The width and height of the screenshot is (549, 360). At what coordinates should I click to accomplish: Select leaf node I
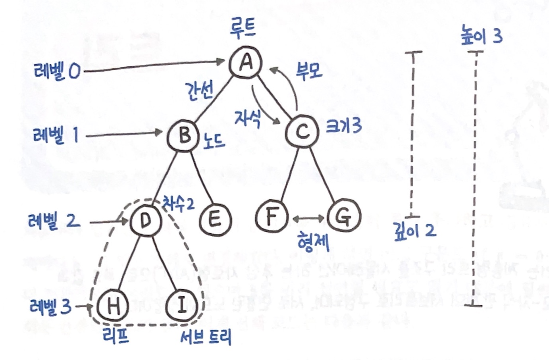[181, 306]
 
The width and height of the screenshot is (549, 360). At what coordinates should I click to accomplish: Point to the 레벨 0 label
[57, 71]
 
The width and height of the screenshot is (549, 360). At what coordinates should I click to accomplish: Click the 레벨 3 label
[50, 306]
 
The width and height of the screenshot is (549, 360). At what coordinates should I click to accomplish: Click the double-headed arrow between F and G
[308, 218]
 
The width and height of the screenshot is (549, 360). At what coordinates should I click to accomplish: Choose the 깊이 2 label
[415, 230]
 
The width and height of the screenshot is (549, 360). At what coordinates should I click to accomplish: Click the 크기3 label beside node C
[344, 126]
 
